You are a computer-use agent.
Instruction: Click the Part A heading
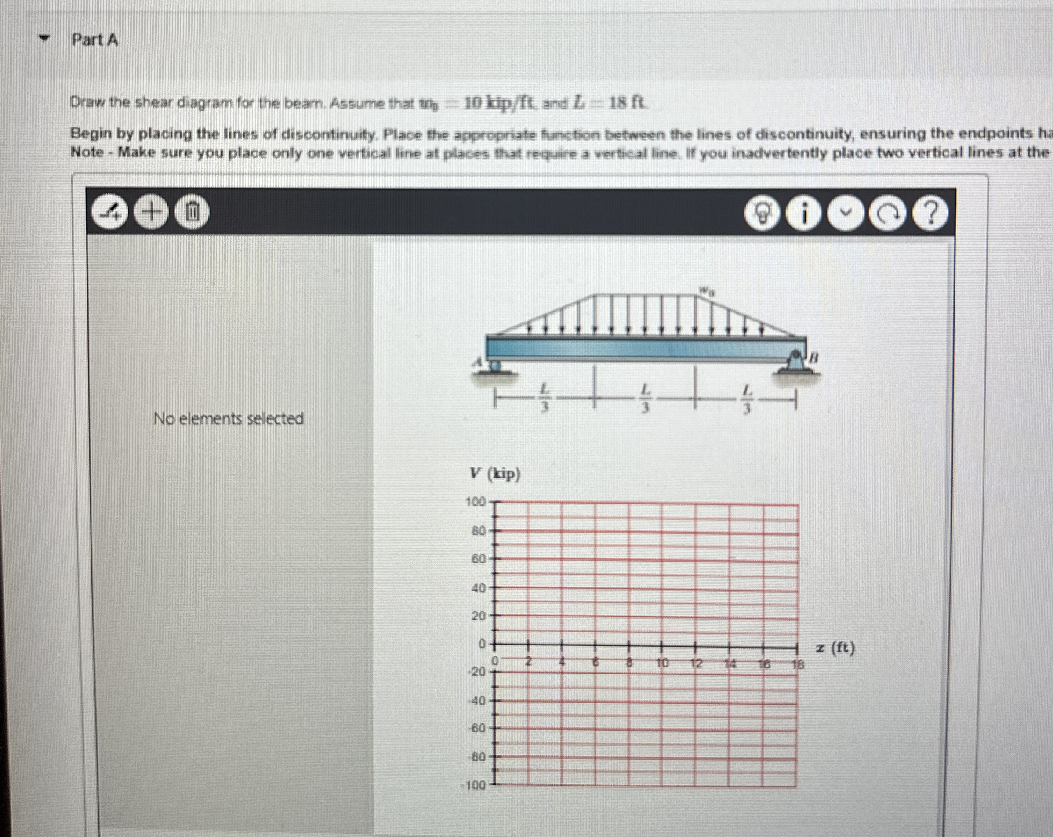coord(95,40)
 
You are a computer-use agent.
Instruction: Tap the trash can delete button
coord(192,212)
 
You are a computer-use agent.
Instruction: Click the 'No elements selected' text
coord(229,418)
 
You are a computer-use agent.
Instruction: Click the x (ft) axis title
coord(835,649)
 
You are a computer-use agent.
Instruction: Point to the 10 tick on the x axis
coord(662,663)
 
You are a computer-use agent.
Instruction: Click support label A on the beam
coord(479,362)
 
